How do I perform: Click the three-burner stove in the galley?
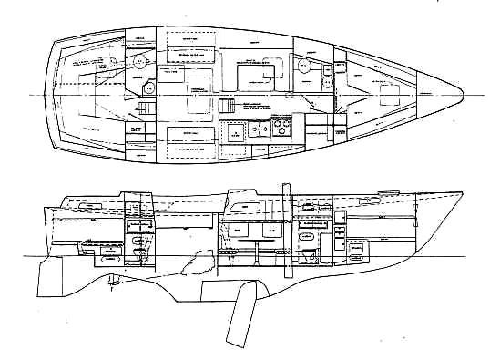pos(279,128)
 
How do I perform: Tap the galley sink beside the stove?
pos(255,128)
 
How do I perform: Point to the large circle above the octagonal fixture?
pos(139,62)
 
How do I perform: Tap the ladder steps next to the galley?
pos(229,107)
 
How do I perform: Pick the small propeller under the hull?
pos(113,279)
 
